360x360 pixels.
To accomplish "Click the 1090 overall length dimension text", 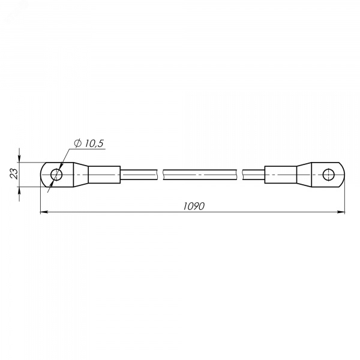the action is (x=194, y=206).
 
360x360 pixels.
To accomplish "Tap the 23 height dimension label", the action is (x=14, y=174).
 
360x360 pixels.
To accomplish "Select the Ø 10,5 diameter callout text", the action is (x=89, y=143).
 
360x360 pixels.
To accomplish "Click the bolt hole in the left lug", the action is (x=56, y=175).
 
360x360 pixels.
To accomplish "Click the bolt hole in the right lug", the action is (x=329, y=175).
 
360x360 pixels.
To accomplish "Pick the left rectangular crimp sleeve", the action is (x=104, y=175).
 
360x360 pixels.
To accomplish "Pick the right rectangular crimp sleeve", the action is (x=281, y=175).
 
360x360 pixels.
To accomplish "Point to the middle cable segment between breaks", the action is (x=200, y=175).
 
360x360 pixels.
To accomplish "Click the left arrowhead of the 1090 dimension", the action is (x=44, y=212).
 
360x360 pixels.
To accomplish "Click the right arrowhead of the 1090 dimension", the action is (x=341, y=212).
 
